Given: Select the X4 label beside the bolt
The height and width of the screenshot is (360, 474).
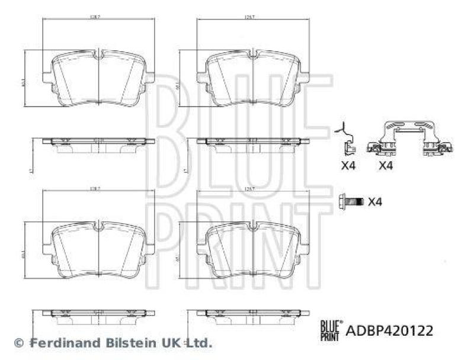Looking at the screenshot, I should pyautogui.click(x=374, y=202).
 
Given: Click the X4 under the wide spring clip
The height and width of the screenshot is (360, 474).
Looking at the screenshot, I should pyautogui.click(x=386, y=166).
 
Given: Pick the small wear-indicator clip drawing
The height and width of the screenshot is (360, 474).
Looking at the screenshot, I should pyautogui.click(x=347, y=140).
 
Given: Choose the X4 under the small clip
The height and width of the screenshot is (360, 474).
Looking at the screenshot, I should pyautogui.click(x=348, y=166).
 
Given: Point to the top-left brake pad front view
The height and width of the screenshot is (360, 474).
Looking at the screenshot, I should pyautogui.click(x=99, y=79).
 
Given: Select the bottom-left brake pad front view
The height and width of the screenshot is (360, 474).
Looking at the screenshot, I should pyautogui.click(x=99, y=252).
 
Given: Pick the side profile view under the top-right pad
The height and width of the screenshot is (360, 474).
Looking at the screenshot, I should pyautogui.click(x=252, y=144).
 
